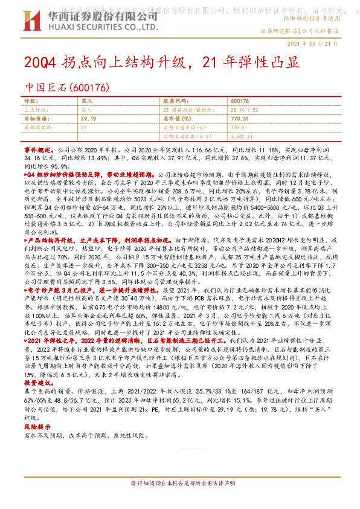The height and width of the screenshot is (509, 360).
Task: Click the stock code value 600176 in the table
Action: [x=240, y=100]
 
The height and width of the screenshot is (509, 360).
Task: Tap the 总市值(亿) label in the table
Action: [x=176, y=119]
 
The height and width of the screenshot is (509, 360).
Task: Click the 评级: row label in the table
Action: [x=31, y=100]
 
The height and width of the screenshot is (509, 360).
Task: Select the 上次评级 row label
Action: [x=34, y=109]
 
